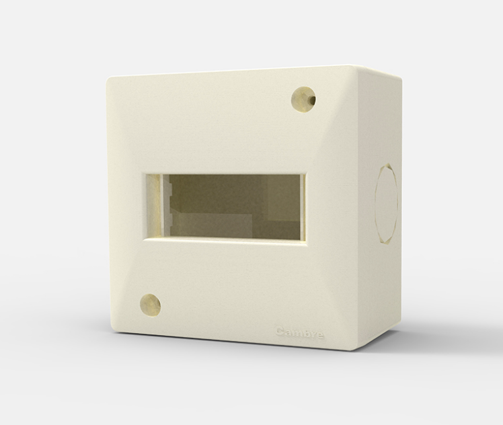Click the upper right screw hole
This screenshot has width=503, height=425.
pos(304,99)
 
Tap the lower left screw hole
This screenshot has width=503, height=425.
pos(150,305)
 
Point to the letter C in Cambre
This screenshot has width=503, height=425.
pos(280,331)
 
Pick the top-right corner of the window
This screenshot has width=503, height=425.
pos(306,173)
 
